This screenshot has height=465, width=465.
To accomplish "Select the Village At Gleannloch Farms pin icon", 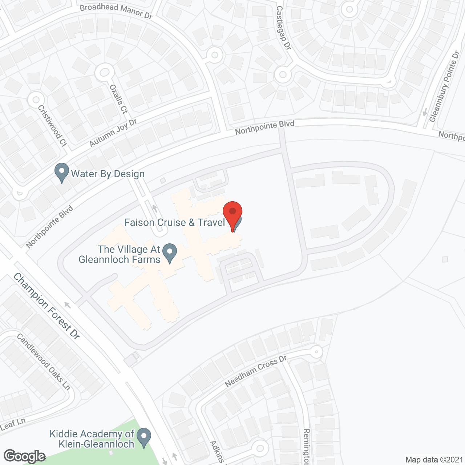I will (169, 252).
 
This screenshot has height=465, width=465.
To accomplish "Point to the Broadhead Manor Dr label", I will (116, 11).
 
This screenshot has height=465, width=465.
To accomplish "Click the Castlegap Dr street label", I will (283, 28).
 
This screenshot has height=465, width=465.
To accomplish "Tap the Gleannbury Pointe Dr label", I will (444, 87).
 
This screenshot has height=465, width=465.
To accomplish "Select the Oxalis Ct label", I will (119, 99).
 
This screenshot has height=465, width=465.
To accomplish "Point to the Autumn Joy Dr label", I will (113, 133).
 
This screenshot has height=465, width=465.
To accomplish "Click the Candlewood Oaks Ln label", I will (43, 362).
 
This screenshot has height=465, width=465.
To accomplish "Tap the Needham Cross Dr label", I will (256, 371).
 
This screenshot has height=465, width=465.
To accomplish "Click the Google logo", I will (24, 456).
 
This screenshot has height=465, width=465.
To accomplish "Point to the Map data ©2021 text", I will (434, 460).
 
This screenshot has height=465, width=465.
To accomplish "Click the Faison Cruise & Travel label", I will (175, 222).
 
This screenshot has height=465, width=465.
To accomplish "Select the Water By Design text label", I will (108, 174).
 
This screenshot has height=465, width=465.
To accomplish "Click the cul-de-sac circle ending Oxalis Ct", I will (105, 73).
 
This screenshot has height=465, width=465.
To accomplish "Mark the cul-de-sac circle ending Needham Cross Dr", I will (316, 352).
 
